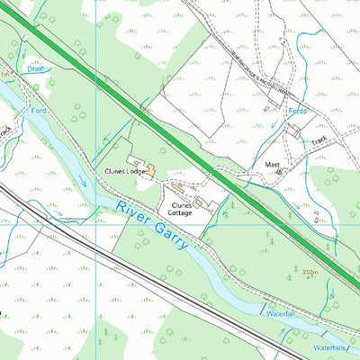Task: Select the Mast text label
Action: coord(272,165)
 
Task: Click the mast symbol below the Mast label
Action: coord(278,171)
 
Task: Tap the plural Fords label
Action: coord(297,111)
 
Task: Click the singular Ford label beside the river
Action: coord(38,110)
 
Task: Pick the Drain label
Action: coord(35,67)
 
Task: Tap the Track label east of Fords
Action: coord(320,141)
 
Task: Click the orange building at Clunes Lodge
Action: coord(151,171)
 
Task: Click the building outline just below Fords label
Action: coord(294,130)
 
